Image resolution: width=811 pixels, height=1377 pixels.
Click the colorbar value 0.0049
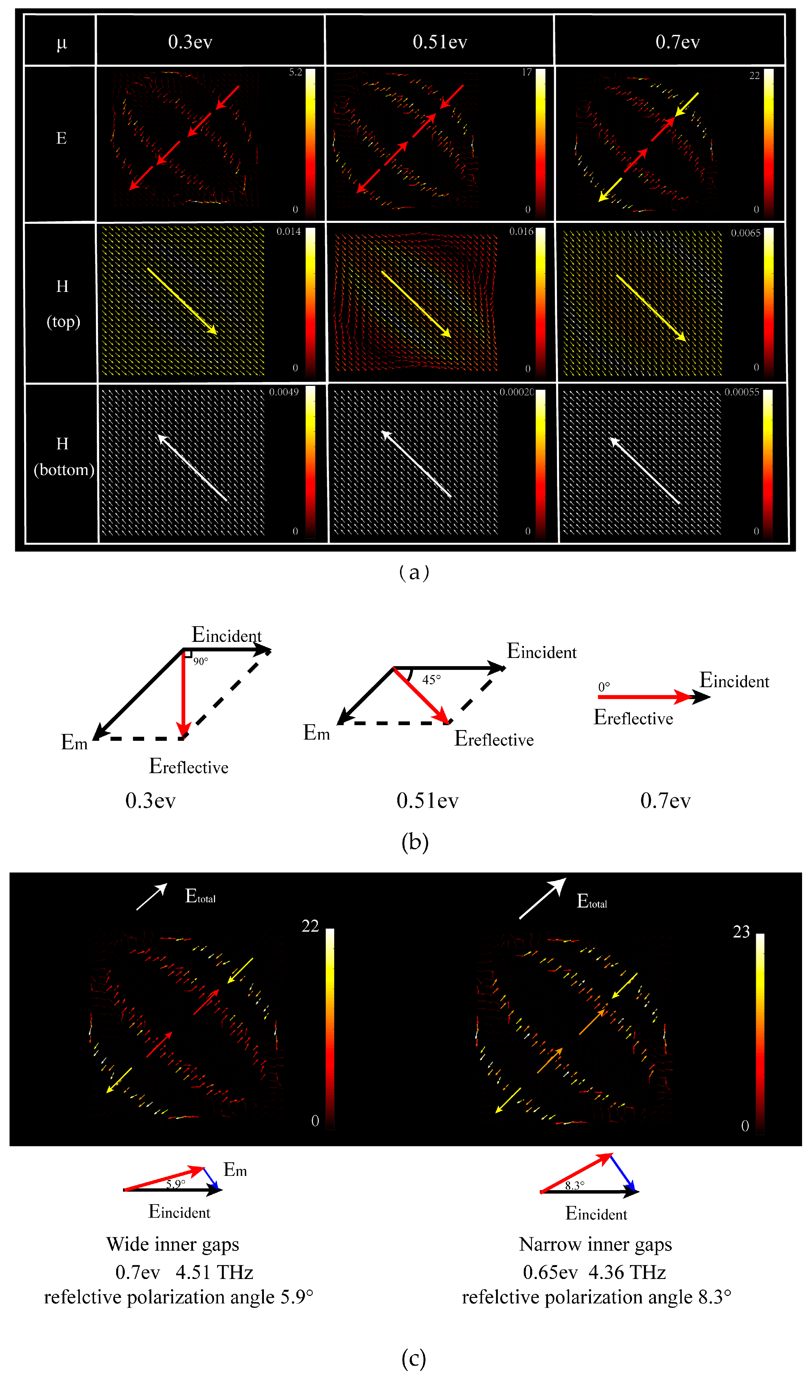coord(284,392)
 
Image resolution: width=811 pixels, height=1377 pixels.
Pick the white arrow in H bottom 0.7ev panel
coord(645,471)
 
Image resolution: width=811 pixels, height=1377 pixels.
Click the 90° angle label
coord(200,662)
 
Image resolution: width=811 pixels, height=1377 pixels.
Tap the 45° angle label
coord(431,679)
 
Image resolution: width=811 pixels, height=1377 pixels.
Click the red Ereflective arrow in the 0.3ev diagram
coord(184,694)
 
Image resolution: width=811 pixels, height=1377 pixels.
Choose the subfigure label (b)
coord(414,842)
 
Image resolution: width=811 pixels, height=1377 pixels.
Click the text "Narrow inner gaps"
coord(595,1244)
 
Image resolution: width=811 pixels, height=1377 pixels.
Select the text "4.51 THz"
coord(214,1273)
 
